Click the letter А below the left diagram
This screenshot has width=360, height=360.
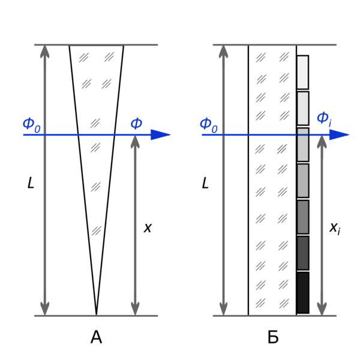[x=96, y=337]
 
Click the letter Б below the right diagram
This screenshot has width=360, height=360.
[x=273, y=337]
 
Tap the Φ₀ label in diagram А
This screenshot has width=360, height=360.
[x=31, y=125]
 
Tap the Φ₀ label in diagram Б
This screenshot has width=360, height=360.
[x=208, y=125]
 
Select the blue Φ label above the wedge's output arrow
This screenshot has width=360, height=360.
[x=136, y=124]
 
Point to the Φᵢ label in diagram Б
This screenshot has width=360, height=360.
[x=324, y=119]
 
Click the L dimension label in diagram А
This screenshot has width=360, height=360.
[x=31, y=183]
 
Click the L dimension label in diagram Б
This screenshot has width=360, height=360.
[x=205, y=183]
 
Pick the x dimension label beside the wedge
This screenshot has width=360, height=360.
[x=148, y=228]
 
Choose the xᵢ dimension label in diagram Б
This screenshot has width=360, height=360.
[x=335, y=229]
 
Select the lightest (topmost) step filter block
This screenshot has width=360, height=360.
[x=302, y=72]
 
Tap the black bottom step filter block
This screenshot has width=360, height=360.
[x=302, y=293]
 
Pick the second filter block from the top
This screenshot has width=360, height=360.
[x=302, y=108]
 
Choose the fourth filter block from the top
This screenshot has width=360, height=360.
[x=302, y=181]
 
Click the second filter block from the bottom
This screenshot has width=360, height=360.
[x=302, y=253]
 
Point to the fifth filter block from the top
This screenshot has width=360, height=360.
[x=302, y=217]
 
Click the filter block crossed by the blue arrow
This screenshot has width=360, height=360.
[x=302, y=145]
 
